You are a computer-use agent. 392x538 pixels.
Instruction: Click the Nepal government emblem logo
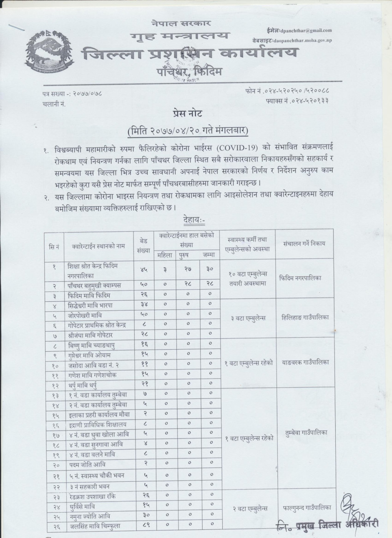[49, 54]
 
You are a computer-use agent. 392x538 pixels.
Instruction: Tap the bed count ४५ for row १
[142, 269]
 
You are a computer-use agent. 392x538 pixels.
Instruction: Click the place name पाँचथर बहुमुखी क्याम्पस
[95, 285]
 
